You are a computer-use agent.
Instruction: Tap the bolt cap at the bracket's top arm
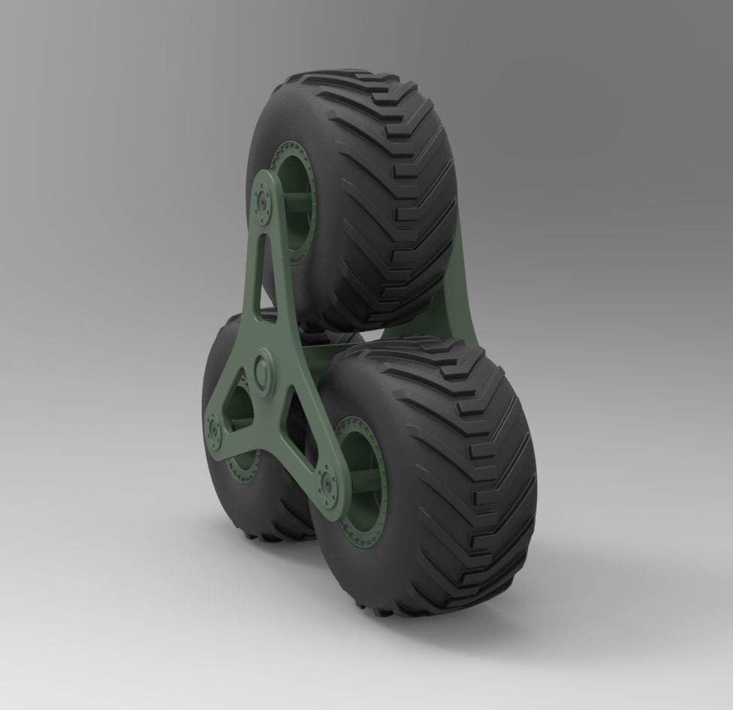(x=264, y=202)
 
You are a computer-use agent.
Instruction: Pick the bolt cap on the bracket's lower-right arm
(x=327, y=483)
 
